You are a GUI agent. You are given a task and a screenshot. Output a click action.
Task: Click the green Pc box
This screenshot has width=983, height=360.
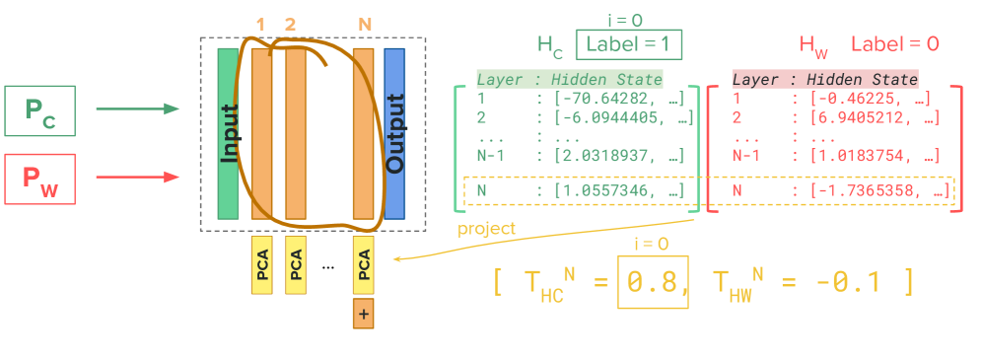40,110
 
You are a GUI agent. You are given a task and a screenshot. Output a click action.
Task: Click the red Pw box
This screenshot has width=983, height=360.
40,179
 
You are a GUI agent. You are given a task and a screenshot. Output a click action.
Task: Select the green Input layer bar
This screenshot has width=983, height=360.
229,133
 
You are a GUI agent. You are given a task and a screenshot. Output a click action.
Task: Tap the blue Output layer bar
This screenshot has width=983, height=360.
394,133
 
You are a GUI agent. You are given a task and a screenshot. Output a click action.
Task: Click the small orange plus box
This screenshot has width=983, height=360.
363,315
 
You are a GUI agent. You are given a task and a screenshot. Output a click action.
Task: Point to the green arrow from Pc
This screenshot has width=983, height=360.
138,108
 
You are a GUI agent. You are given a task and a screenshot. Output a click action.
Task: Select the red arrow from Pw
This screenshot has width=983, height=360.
138,178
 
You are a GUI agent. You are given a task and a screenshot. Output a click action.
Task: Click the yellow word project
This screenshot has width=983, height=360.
486,229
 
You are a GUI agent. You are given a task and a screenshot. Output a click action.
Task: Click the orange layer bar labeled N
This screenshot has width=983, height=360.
363,133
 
